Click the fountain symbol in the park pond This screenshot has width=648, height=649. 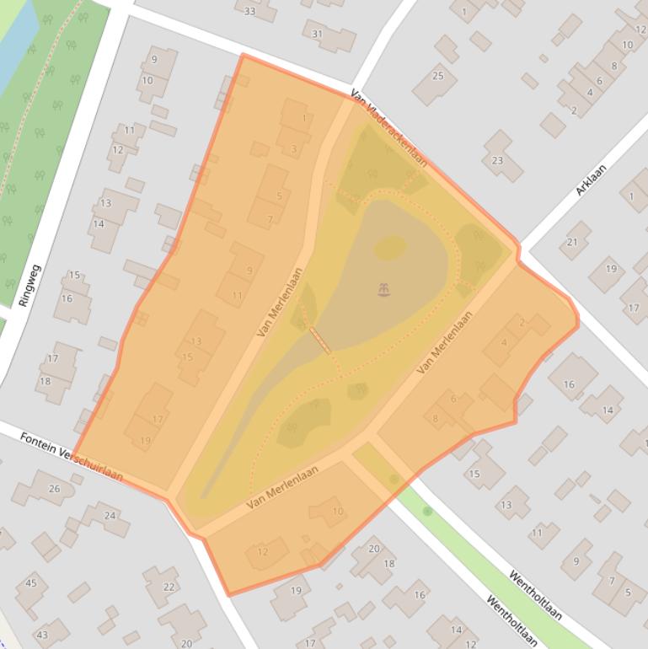[384, 291]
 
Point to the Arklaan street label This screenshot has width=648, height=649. [591, 180]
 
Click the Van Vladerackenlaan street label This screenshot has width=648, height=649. [389, 129]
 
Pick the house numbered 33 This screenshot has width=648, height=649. [250, 11]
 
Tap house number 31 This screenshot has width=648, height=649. [318, 35]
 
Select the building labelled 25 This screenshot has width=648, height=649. [437, 77]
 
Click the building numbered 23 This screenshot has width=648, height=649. [497, 160]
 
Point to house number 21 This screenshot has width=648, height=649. [573, 242]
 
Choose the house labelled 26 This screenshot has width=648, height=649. [55, 489]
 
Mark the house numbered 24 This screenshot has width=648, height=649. [110, 515]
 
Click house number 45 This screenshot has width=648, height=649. [31, 583]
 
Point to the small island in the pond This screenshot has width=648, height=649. [389, 247]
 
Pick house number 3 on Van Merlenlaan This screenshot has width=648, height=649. [293, 150]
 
